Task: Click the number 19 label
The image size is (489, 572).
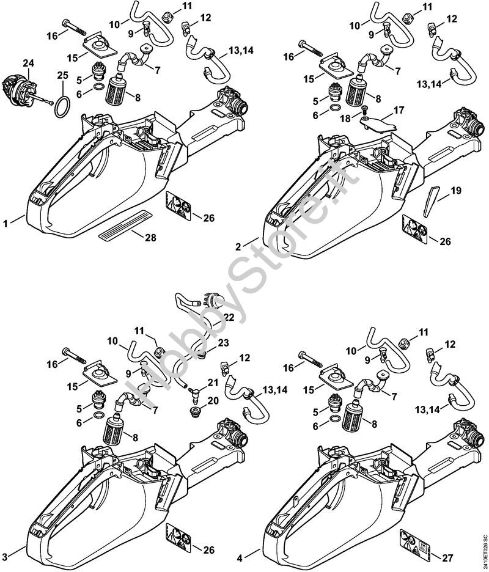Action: click(x=455, y=191)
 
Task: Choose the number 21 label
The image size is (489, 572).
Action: click(x=212, y=382)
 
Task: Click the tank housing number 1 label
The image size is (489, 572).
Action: click(x=6, y=224)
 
